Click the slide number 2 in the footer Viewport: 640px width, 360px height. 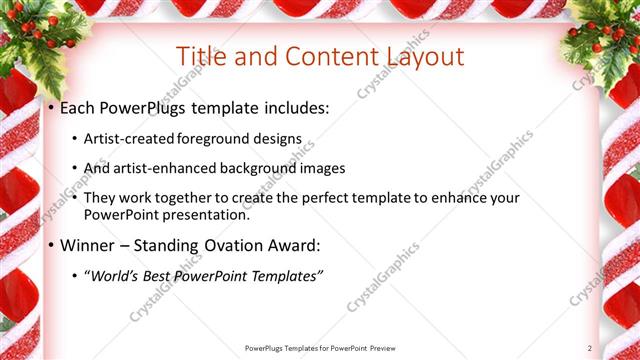pyautogui.click(x=590, y=347)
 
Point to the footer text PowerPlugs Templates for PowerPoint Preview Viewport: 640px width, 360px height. pyautogui.click(x=320, y=347)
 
